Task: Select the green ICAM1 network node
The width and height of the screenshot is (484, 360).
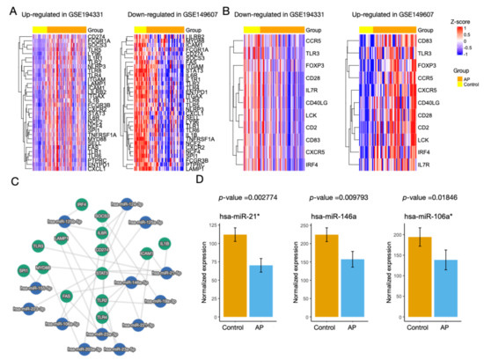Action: click(146, 253)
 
